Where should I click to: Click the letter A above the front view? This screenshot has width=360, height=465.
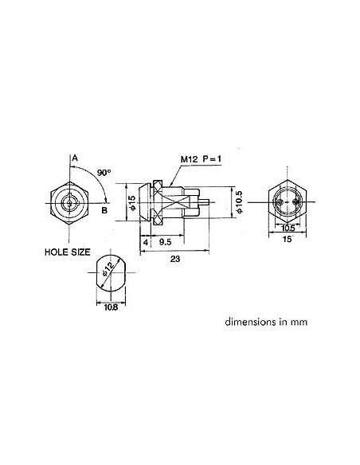[74, 158]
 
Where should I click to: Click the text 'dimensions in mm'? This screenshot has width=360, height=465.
[266, 323]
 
